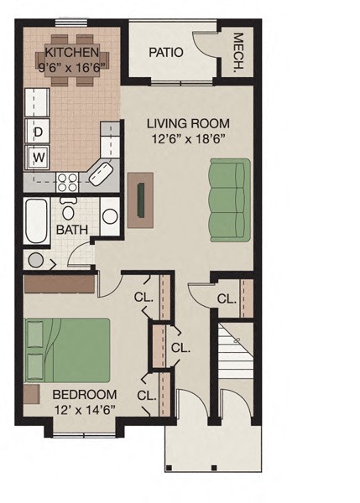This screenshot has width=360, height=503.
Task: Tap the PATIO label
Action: [165, 52]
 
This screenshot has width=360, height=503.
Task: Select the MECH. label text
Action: [238, 52]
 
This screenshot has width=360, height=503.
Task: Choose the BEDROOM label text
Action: [83, 395]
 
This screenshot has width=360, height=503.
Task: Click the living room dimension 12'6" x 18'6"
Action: [188, 139]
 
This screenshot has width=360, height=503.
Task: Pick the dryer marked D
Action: [38, 132]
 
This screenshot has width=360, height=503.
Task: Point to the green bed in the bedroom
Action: [66, 350]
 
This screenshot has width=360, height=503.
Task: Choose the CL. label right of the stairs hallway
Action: [226, 299]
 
